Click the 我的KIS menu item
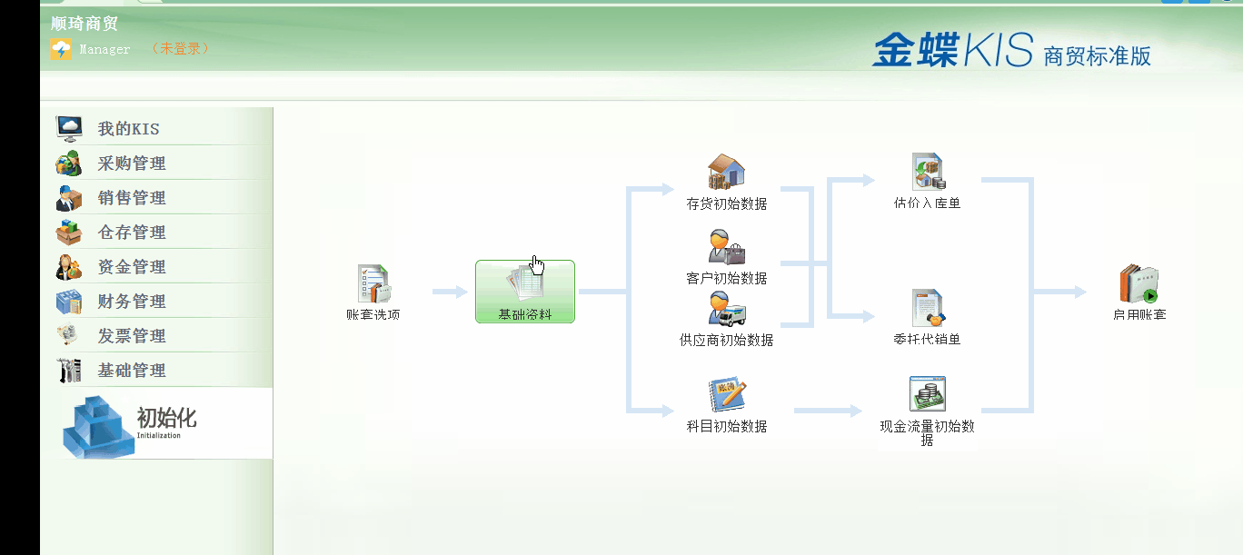(x=128, y=129)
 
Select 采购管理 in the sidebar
(x=132, y=164)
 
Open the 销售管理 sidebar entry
(x=132, y=198)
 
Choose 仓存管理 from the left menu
(x=132, y=233)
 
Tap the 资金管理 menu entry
(x=132, y=267)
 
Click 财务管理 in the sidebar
(x=132, y=302)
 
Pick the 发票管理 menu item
(x=132, y=336)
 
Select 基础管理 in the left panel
(x=132, y=371)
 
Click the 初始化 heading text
(x=166, y=418)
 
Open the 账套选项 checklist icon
(x=373, y=284)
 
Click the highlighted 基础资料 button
(x=525, y=292)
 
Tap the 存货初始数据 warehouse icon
(x=727, y=172)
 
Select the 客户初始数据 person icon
(x=727, y=246)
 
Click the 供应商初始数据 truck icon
(x=727, y=309)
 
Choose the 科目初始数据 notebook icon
(x=727, y=396)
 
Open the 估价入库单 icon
(x=928, y=172)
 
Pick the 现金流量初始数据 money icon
(x=928, y=395)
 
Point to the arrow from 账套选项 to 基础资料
(x=450, y=292)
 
